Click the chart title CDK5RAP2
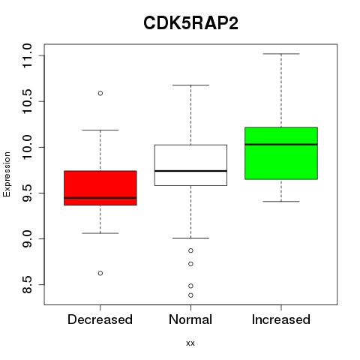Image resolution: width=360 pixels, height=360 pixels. (x=190, y=23)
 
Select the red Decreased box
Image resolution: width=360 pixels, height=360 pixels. (x=100, y=188)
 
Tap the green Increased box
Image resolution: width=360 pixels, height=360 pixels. (x=281, y=153)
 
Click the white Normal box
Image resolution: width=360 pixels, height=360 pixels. (x=190, y=165)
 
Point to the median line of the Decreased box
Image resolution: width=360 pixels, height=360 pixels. (x=100, y=198)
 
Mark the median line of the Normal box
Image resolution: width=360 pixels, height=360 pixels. (x=190, y=171)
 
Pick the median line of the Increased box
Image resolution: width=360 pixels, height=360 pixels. (x=281, y=145)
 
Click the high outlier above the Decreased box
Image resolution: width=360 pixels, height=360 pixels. (x=100, y=93)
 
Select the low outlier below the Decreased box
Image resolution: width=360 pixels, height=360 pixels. (x=100, y=273)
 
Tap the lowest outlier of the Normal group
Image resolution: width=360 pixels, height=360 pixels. (x=190, y=295)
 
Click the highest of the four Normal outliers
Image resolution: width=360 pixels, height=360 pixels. (x=190, y=250)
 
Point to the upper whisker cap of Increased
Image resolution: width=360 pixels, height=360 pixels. (x=281, y=54)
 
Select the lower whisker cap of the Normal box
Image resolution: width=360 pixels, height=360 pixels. (x=190, y=238)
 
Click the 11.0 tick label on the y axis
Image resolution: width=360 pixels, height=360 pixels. (x=27, y=55)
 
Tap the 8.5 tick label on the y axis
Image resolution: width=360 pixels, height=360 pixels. (x=27, y=285)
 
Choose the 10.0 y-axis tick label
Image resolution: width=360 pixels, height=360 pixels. (x=27, y=147)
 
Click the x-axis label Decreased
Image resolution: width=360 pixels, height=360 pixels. (x=100, y=319)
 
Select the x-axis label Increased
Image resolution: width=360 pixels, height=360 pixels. (x=281, y=319)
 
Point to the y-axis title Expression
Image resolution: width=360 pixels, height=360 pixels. (x=7, y=174)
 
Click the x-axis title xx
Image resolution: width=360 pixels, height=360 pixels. (x=190, y=343)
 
